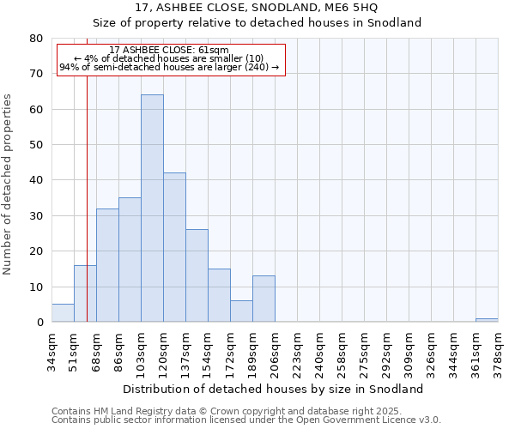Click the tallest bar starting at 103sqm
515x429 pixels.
coord(152,208)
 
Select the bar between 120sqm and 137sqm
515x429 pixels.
coord(174,247)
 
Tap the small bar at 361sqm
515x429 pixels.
coord(487,320)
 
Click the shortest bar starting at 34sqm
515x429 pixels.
coord(63,313)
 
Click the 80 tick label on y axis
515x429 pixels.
coord(36,39)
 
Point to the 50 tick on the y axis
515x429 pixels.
coord(36,145)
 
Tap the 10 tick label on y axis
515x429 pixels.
coord(36,287)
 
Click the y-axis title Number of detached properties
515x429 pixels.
coord(9,180)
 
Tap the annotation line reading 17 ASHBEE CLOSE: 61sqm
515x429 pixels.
coord(169,51)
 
